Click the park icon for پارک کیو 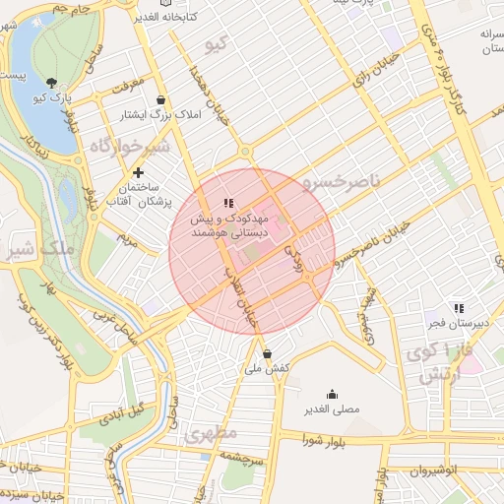51,84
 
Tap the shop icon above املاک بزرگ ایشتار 160,99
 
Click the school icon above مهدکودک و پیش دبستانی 229,203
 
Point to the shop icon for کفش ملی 268,353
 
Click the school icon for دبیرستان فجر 458,309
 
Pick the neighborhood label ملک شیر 39,248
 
